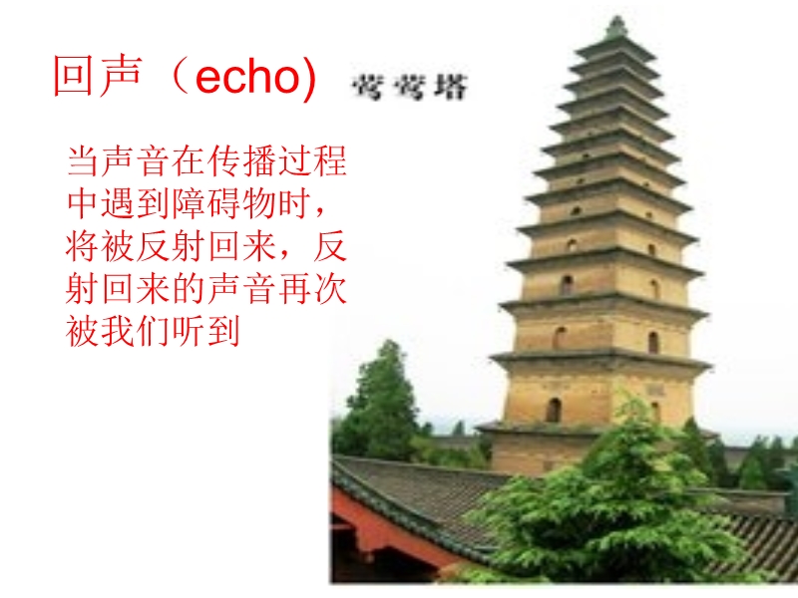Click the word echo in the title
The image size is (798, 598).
(248, 79)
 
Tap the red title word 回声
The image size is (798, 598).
(97, 76)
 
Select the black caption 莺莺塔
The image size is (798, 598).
(409, 87)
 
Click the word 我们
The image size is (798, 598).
(136, 333)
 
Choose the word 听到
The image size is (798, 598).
(206, 333)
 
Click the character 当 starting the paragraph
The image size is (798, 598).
(83, 160)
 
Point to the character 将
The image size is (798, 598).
(83, 246)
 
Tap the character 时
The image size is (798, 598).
(293, 204)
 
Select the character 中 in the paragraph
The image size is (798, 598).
(83, 204)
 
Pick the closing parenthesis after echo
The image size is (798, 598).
(309, 78)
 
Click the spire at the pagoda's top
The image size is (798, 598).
(616, 27)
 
